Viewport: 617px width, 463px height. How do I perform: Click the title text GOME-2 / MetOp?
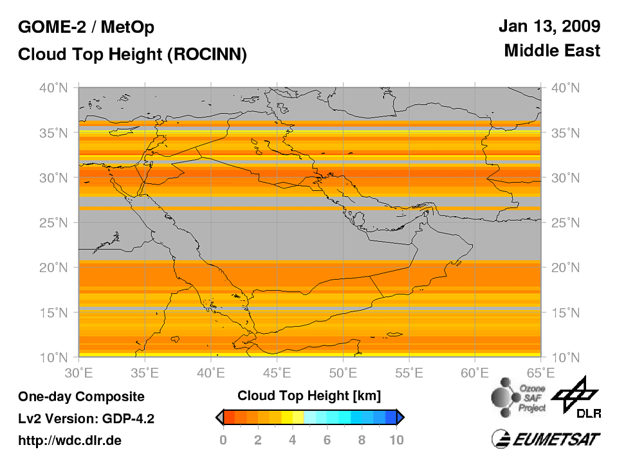point(86,28)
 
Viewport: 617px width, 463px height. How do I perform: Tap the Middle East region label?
point(552,50)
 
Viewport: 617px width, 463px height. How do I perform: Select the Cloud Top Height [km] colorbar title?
point(309,394)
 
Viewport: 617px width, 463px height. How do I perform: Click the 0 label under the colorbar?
point(223,440)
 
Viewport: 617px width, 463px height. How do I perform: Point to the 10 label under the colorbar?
point(396,440)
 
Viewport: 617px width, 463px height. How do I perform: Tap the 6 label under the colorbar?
point(327,440)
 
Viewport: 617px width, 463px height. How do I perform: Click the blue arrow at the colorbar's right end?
point(400,417)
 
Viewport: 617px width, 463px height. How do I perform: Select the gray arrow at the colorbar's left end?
point(219,417)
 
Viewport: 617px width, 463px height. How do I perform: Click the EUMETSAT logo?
point(546,439)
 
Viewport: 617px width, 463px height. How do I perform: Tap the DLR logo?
point(577,395)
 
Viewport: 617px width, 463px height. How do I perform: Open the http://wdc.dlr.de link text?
point(70,440)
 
